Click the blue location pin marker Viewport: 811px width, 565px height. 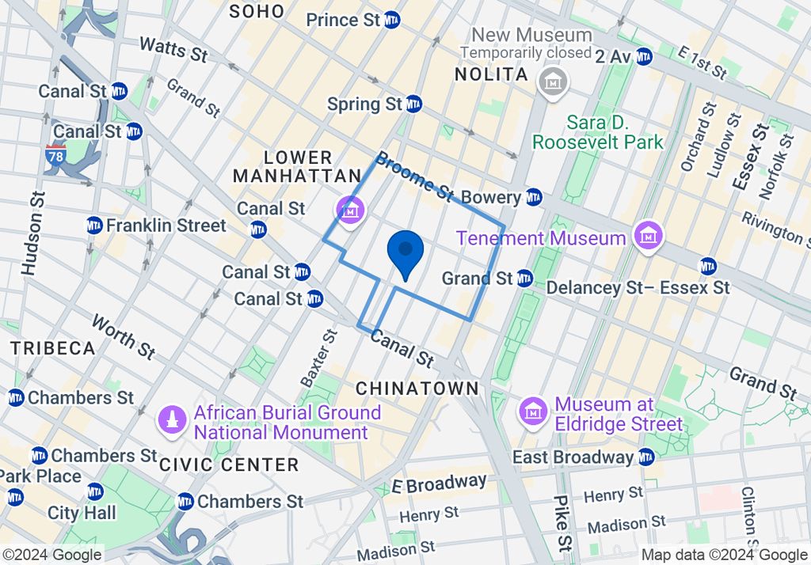coord(405,252)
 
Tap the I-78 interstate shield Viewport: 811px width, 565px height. coord(55,154)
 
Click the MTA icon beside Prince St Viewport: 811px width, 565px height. coord(391,21)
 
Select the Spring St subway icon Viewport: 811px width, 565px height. coord(413,104)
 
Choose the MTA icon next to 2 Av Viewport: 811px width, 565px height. coord(644,56)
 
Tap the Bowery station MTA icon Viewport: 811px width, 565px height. coord(534,197)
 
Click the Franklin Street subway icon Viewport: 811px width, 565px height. coord(94,226)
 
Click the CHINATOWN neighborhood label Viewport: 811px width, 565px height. coord(417,389)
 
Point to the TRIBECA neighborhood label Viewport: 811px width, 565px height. coord(52,348)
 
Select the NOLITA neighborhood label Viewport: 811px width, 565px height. coord(491,74)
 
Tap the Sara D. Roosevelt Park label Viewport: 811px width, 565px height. coord(597,133)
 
